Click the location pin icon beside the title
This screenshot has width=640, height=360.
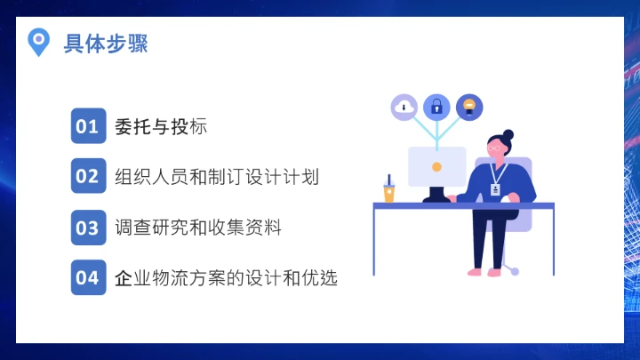tap(38, 41)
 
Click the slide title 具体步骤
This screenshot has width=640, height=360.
tap(106, 43)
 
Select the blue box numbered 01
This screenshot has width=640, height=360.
tap(87, 126)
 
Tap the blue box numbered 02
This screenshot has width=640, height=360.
tap(87, 176)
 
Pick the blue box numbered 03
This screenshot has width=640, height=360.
tap(87, 227)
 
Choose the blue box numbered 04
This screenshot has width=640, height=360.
tap(87, 277)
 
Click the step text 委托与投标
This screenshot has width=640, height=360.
tap(161, 126)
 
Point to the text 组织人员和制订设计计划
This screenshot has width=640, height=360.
tap(217, 176)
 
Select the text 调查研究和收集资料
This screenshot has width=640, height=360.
tap(198, 227)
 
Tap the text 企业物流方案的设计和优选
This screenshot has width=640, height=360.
tap(227, 277)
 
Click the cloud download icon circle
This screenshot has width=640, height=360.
tap(404, 108)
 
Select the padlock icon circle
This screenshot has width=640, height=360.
tap(436, 108)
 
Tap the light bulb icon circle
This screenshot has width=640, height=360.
tap(469, 108)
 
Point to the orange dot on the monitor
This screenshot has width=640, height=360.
tap(436, 166)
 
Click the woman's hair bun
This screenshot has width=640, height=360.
tap(508, 135)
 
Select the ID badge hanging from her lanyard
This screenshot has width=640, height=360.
tap(495, 190)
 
